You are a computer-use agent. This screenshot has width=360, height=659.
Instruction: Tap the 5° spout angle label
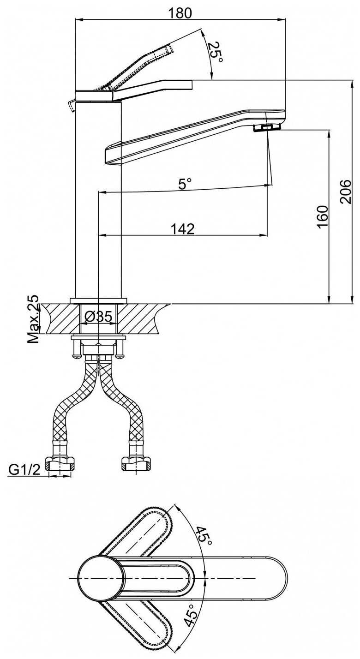point(185,184)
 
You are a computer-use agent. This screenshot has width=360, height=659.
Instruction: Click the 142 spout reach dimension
point(183,228)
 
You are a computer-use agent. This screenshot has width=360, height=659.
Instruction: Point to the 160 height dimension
point(323,216)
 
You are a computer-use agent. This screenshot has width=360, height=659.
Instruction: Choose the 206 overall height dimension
point(346,192)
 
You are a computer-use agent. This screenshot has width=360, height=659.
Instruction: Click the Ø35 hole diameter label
point(98,317)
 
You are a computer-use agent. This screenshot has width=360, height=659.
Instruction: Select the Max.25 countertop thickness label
point(33,319)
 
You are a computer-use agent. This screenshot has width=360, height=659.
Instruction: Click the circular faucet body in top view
point(101,578)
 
